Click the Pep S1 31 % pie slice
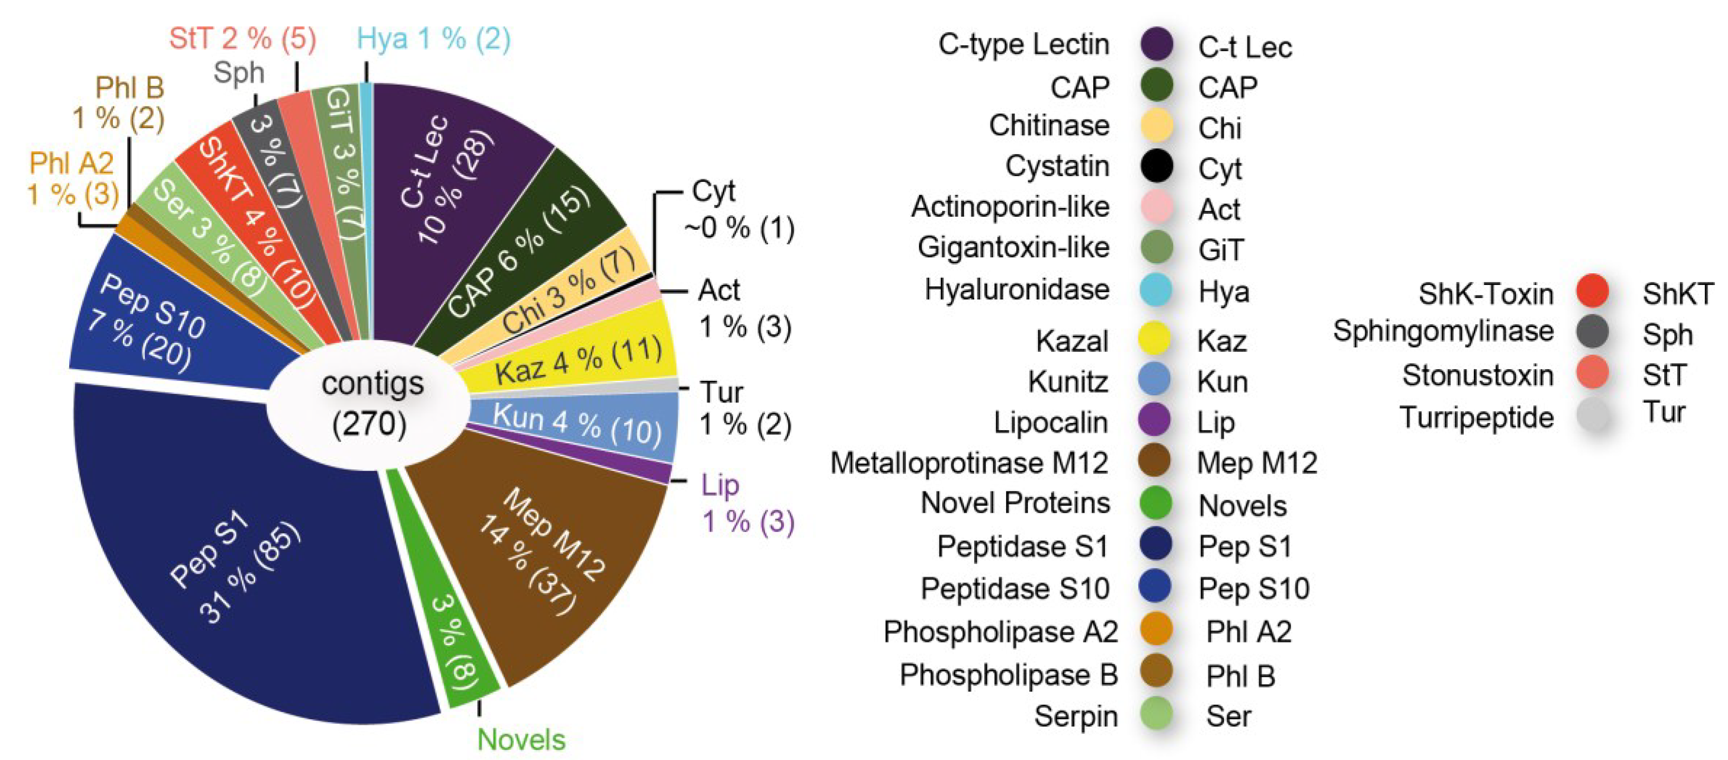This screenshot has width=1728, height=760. tap(235, 570)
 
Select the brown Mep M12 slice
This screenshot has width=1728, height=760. tap(543, 557)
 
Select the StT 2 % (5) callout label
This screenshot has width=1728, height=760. tap(242, 38)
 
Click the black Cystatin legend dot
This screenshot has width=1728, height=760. tap(1157, 165)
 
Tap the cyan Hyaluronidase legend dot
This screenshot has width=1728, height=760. tap(1157, 290)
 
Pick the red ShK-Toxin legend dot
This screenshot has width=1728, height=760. tap(1593, 291)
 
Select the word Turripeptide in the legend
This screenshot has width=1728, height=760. tap(1476, 417)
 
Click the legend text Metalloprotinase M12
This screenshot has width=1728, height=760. tap(969, 463)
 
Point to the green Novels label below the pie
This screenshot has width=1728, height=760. tap(521, 739)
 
